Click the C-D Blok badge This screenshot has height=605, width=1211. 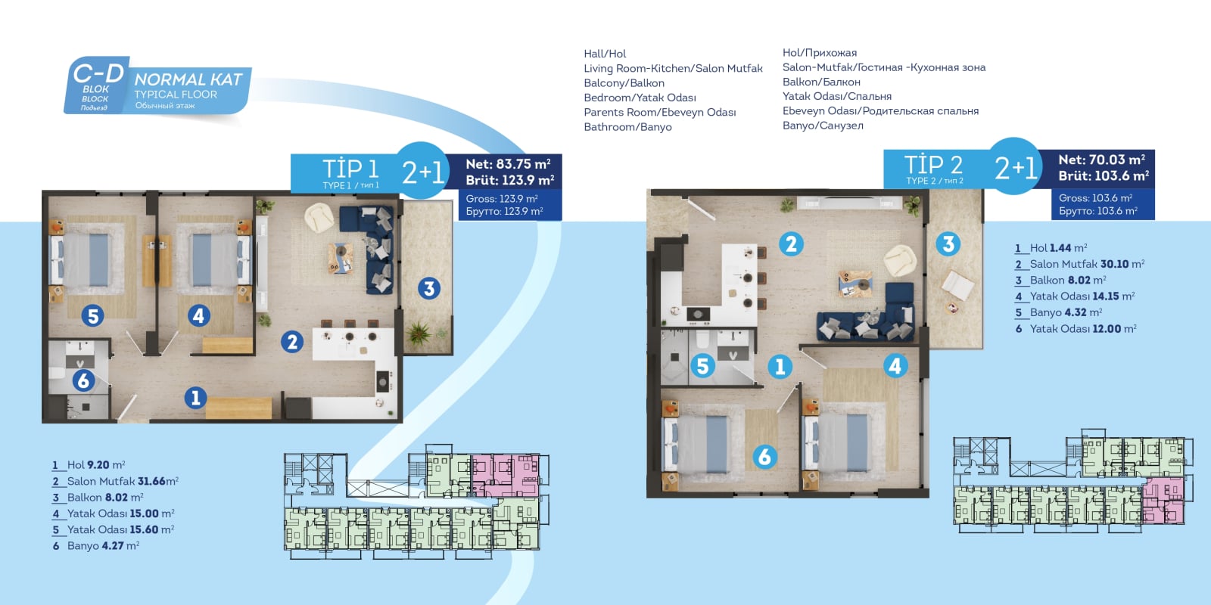pyautogui.click(x=96, y=85)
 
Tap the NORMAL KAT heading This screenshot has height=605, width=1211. pyautogui.click(x=188, y=79)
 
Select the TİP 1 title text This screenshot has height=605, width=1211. pyautogui.click(x=350, y=169)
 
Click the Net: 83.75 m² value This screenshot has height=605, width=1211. pyautogui.click(x=508, y=163)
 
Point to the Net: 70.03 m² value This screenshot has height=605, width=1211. pyautogui.click(x=1101, y=160)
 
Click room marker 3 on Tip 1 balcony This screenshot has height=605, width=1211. pyautogui.click(x=429, y=288)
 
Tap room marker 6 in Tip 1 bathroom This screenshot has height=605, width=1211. pyautogui.click(x=83, y=380)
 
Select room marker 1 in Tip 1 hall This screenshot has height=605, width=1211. pyautogui.click(x=196, y=398)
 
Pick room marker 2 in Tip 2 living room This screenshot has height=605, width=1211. pyautogui.click(x=791, y=244)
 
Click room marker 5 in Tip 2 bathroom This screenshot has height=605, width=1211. pyautogui.click(x=703, y=366)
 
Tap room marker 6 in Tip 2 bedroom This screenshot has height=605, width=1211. pyautogui.click(x=765, y=457)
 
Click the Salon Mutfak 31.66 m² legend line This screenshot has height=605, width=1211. pyautogui.click(x=115, y=481)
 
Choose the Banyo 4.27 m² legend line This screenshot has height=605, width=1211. pyautogui.click(x=95, y=546)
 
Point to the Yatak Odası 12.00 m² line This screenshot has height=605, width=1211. pyautogui.click(x=1076, y=329)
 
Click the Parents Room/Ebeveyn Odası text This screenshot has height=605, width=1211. pyautogui.click(x=659, y=113)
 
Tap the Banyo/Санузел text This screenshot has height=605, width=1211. pyautogui.click(x=823, y=126)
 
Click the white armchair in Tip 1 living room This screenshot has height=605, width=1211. pyautogui.click(x=319, y=217)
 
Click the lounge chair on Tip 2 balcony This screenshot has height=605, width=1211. pyautogui.click(x=958, y=285)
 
